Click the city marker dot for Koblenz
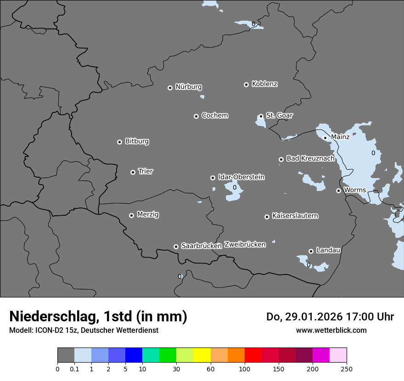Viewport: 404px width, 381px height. (246, 84)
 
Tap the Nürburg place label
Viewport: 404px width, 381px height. (189, 87)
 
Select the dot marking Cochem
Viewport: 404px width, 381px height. (196, 116)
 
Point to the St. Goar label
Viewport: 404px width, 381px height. (279, 115)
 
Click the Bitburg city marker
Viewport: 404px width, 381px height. (119, 142)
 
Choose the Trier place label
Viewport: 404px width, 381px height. (146, 171)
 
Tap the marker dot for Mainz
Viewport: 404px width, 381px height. (325, 138)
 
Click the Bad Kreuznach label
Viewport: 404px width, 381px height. (310, 158)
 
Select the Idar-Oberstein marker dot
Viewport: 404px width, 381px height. (213, 178)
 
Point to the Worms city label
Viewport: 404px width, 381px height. (354, 190)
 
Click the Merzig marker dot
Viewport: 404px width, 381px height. (131, 215)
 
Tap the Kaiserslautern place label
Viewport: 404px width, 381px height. (295, 216)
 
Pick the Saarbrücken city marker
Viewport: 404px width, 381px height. (176, 247)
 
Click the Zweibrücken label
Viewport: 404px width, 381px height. (245, 245)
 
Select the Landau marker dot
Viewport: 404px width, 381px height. (311, 251)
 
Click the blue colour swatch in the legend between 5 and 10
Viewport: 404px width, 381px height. (134, 355)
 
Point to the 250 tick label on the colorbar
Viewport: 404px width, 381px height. (347, 369)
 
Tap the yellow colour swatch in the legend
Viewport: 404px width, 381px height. (202, 355)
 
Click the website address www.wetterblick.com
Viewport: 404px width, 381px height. (331, 330)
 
